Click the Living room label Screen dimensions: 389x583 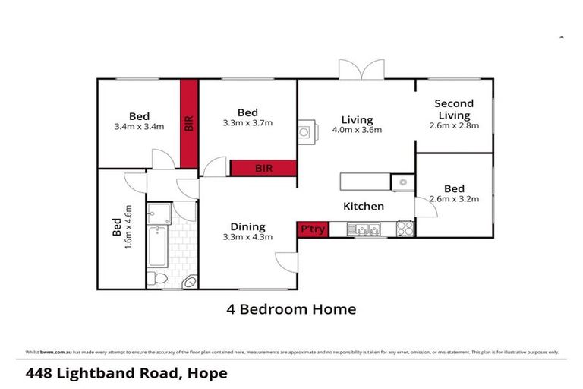[x=357, y=119]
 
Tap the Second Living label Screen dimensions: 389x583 [x=454, y=109]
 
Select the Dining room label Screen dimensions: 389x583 [x=247, y=226]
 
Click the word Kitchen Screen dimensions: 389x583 [x=364, y=206]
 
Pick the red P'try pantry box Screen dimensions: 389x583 [x=312, y=229]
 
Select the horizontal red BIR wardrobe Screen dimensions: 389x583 [x=263, y=168]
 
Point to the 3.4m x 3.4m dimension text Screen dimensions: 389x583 [x=139, y=127]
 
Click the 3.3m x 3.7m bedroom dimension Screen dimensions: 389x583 [x=247, y=122]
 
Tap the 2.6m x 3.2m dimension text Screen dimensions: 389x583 [x=454, y=199]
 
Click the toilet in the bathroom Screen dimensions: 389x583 [x=155, y=278]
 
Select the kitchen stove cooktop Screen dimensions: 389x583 [x=405, y=228]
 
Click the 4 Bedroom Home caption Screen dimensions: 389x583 [x=291, y=309]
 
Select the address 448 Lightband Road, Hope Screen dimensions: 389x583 [x=126, y=373]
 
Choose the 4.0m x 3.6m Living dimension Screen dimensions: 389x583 [x=357, y=130]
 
